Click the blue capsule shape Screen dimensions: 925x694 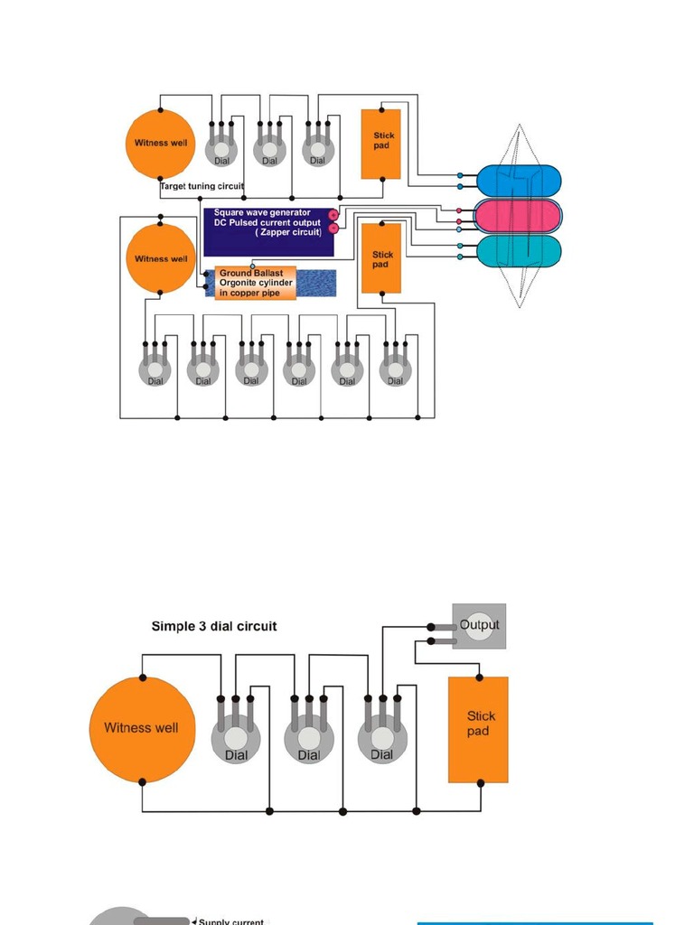coord(518,180)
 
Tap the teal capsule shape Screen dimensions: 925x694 coord(518,250)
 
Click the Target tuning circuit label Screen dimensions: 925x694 coord(202,186)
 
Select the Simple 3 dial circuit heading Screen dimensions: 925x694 coord(214,625)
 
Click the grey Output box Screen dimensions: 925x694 coord(479,626)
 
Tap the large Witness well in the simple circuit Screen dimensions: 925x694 coord(142,728)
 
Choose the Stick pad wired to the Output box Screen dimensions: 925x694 coord(478,729)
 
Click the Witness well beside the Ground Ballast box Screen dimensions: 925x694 coord(160,258)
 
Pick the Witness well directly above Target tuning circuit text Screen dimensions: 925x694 coord(160,143)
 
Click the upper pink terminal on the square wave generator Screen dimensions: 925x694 coord(333,215)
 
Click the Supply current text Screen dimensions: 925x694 coord(231,921)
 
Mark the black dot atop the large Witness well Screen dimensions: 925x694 coord(142,677)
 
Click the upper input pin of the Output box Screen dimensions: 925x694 coord(431,627)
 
